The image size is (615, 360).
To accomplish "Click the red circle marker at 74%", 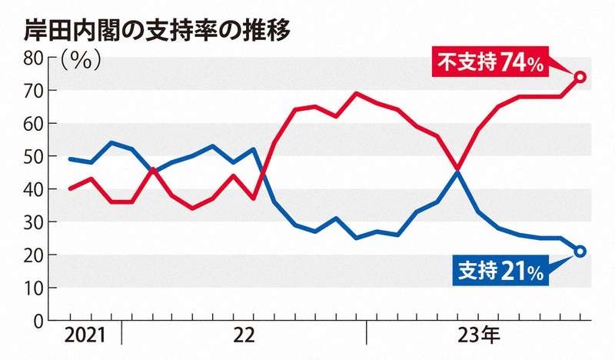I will [x=581, y=77].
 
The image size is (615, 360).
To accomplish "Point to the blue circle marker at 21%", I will [x=581, y=251].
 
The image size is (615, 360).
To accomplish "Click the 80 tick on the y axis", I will [x=34, y=57].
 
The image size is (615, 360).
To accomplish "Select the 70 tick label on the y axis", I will [x=34, y=91].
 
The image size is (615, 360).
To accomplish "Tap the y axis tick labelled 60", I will [x=34, y=124].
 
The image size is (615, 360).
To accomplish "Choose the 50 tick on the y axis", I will [x=34, y=157].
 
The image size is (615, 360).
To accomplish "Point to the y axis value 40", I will [x=34, y=189].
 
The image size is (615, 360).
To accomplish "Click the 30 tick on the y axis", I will [x=34, y=222].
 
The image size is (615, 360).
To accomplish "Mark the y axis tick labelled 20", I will [x=34, y=255].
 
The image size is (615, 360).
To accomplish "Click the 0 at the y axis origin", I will [x=38, y=321].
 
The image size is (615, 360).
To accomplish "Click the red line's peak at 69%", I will [x=356, y=93].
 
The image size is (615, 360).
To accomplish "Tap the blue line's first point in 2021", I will [x=70, y=159].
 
